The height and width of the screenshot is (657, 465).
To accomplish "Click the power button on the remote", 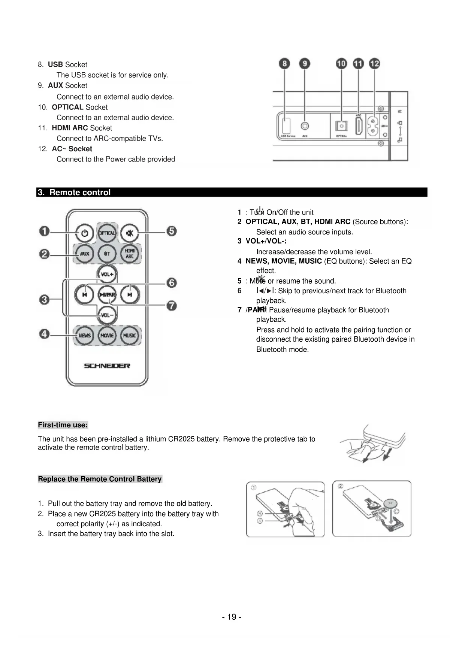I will (85, 233).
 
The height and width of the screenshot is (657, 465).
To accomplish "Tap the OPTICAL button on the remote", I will (107, 233).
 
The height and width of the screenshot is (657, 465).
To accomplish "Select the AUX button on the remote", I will (85, 254).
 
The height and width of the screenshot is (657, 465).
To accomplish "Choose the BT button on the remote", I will (107, 254).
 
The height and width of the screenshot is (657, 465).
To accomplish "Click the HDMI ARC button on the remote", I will (129, 254).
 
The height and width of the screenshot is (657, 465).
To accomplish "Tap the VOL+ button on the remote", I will (107, 274).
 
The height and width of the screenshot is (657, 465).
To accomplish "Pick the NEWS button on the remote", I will (85, 335).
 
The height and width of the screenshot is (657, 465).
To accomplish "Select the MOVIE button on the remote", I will (107, 335).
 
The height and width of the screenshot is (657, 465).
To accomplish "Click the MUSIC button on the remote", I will (129, 335).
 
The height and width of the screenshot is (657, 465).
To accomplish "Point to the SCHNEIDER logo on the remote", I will (107, 366).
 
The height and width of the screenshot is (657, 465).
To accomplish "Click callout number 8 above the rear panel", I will (285, 64).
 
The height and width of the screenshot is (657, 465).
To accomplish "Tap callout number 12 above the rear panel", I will (374, 64).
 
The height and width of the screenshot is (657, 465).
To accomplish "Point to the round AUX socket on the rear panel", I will (305, 127).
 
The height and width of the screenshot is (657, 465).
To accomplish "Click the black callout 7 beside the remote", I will (172, 306).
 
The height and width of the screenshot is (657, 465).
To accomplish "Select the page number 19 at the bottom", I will (232, 617).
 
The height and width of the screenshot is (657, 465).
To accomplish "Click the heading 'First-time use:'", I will (63, 425).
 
